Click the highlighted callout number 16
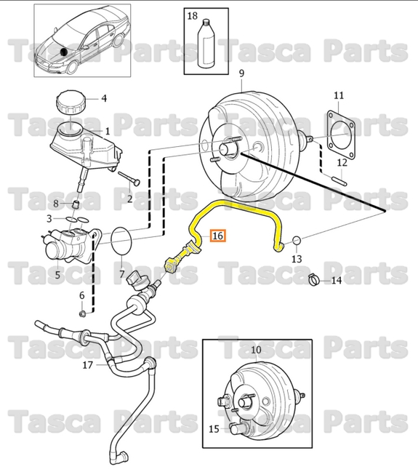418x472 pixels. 218,236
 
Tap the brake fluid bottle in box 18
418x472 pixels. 209,45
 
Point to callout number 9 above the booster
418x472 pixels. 241,73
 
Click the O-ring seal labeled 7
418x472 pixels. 122,241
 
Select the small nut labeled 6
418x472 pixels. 82,313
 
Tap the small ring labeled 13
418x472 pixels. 297,240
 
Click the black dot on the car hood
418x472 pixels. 65,52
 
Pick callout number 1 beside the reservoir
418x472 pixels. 107,132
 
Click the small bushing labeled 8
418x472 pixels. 75,203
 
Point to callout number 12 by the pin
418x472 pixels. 342,164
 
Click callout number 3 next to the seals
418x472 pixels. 49,218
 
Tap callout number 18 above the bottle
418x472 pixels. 192,15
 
